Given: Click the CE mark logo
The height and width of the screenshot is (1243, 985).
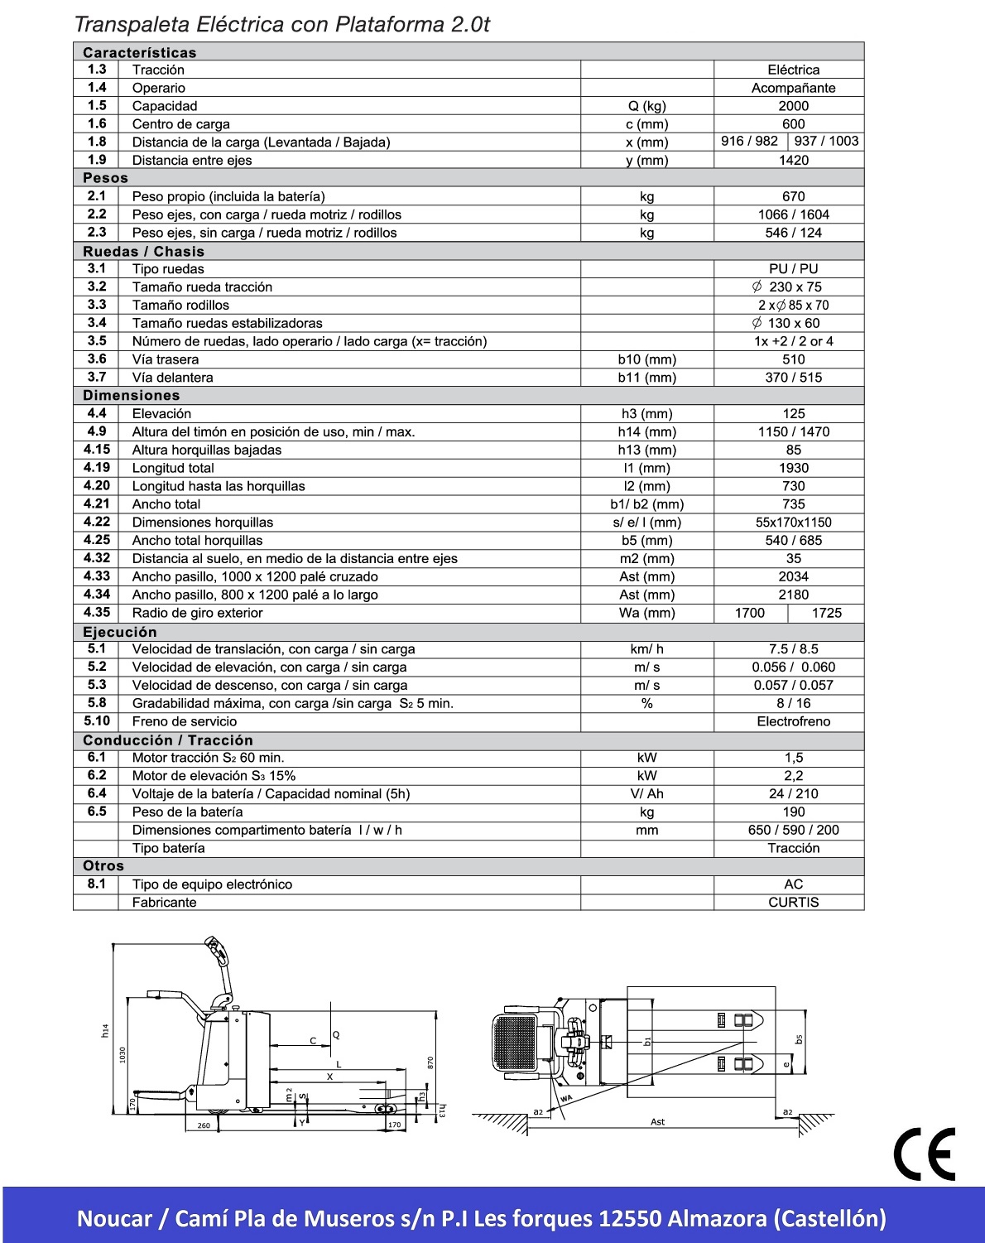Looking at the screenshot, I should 925,1154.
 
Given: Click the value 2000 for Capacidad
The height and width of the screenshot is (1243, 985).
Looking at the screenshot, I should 793,106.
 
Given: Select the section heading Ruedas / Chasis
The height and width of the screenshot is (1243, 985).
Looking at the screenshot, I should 143,251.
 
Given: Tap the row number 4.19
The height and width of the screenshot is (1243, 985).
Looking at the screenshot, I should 97,468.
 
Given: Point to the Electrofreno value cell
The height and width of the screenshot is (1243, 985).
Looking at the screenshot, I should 793,721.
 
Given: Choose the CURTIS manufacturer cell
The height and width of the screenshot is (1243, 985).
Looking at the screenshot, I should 793,902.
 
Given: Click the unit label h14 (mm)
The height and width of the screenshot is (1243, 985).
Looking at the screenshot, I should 646,431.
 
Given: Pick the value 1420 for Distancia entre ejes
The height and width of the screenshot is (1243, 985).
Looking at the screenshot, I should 793,160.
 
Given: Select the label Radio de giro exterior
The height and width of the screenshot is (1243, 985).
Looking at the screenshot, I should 197,613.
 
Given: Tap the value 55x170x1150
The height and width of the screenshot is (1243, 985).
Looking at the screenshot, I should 793,523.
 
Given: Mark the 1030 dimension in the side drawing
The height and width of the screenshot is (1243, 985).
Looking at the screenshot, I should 123,1054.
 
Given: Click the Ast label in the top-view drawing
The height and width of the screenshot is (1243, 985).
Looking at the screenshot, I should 657,1122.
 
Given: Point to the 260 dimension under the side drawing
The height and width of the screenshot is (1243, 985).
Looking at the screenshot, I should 204,1125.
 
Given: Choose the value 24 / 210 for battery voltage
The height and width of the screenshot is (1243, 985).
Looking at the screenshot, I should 793,793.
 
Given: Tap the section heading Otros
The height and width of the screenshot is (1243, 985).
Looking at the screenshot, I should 103,865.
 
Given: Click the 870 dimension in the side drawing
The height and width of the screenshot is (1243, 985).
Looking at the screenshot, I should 430,1062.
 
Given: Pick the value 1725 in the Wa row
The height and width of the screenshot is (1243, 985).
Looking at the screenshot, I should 826,613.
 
